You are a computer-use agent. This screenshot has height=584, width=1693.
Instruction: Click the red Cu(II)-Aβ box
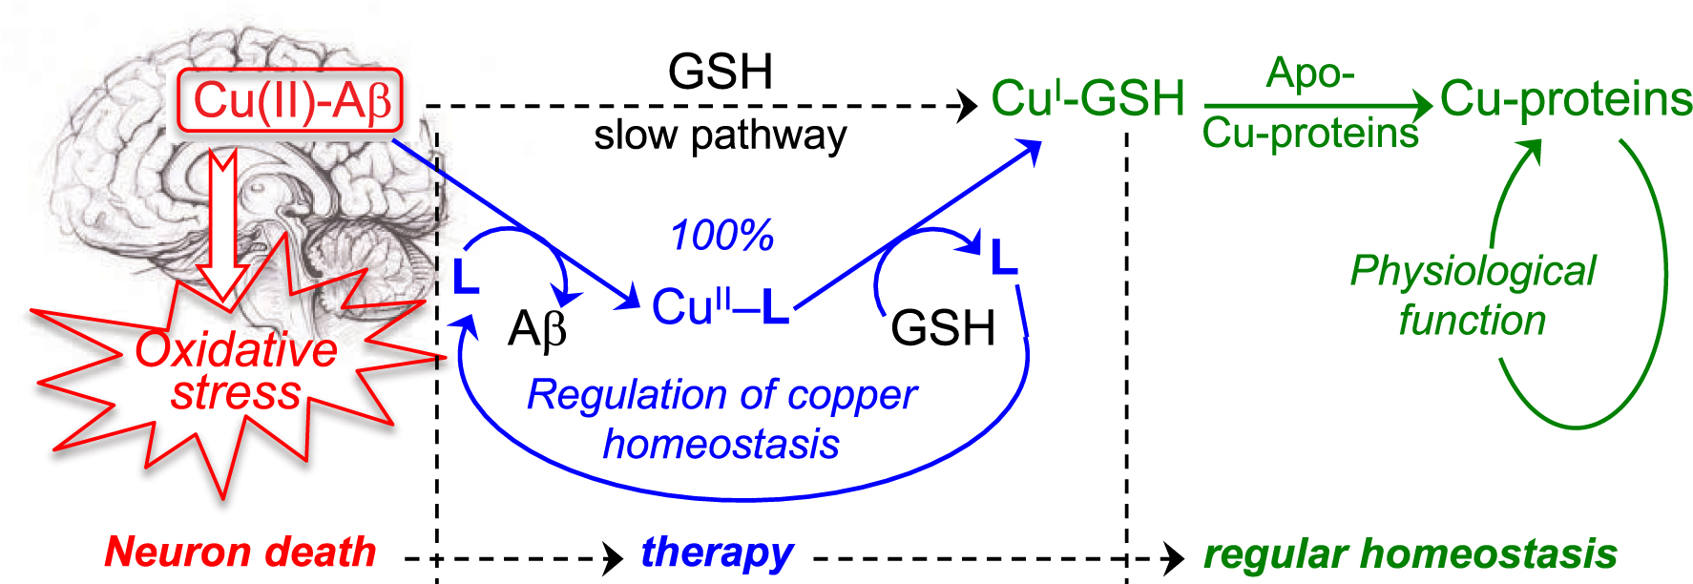pyautogui.click(x=290, y=100)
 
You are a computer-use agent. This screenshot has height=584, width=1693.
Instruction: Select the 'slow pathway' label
pyautogui.click(x=720, y=136)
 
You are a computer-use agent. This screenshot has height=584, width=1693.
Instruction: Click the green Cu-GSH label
pyautogui.click(x=1087, y=98)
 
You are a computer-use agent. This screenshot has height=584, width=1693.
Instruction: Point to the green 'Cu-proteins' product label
pyautogui.click(x=1565, y=99)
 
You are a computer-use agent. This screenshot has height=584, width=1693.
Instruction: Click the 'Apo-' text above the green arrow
pyautogui.click(x=1309, y=73)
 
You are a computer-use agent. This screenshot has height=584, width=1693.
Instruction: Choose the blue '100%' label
pyautogui.click(x=721, y=236)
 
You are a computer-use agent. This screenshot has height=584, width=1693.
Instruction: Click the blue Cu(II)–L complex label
pyautogui.click(x=720, y=307)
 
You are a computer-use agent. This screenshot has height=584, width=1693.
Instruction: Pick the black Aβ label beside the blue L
pyautogui.click(x=537, y=330)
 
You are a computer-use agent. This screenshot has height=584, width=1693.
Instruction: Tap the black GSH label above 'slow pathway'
pyautogui.click(x=720, y=72)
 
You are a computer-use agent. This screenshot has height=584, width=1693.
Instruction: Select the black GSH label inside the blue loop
pyautogui.click(x=943, y=328)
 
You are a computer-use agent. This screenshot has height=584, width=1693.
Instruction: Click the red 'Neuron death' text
pyautogui.click(x=240, y=552)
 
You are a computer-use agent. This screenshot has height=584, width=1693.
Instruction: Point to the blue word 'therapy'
pyautogui.click(x=717, y=553)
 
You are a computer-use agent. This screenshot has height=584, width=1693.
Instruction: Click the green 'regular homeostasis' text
pyautogui.click(x=1410, y=553)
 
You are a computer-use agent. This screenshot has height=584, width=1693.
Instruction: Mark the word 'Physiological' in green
pyautogui.click(x=1473, y=271)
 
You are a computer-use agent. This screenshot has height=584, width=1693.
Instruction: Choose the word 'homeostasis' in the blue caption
pyautogui.click(x=721, y=445)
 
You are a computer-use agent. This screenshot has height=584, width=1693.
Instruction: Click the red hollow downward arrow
pyautogui.click(x=223, y=229)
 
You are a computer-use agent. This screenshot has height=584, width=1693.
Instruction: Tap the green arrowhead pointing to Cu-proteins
pyautogui.click(x=1422, y=105)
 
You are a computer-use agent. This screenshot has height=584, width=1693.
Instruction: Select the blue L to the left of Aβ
pyautogui.click(x=466, y=277)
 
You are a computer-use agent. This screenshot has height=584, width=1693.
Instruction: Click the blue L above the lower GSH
pyautogui.click(x=1004, y=258)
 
